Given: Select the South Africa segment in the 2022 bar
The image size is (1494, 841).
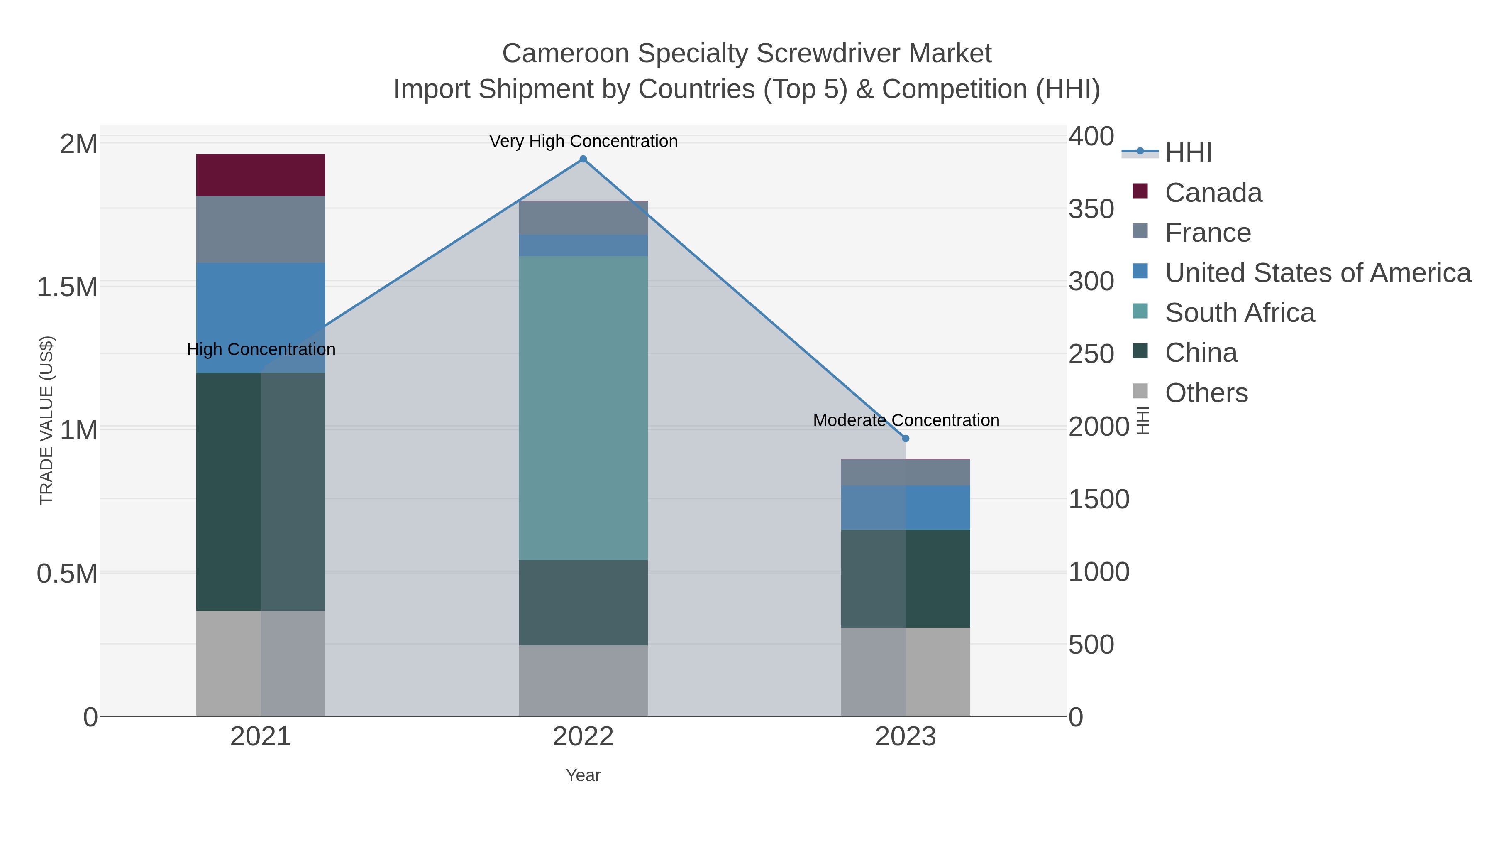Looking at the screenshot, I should click(583, 407).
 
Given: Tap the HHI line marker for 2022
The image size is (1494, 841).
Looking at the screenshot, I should click(583, 159).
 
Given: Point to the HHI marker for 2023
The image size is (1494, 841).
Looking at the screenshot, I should click(906, 438).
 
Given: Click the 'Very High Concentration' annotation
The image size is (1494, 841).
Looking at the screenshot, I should click(583, 141).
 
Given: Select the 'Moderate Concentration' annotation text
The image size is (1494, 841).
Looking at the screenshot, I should click(906, 420).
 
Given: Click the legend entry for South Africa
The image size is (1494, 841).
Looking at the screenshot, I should click(1239, 313).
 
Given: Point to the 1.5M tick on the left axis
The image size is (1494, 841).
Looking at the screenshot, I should click(67, 287).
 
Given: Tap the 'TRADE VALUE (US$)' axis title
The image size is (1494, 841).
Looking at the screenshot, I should click(46, 420).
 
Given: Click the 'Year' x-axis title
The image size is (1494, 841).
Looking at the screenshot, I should click(583, 775).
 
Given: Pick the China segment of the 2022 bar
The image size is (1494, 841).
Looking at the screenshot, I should click(583, 603).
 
